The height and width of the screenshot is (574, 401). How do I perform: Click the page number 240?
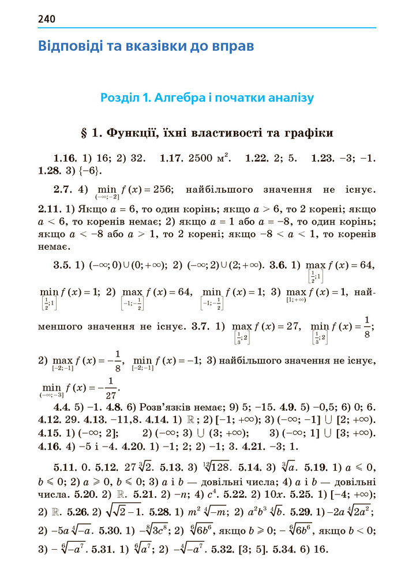[47, 19]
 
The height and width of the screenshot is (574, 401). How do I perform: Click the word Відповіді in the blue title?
[70, 46]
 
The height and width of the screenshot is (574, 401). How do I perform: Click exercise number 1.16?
[65, 157]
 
